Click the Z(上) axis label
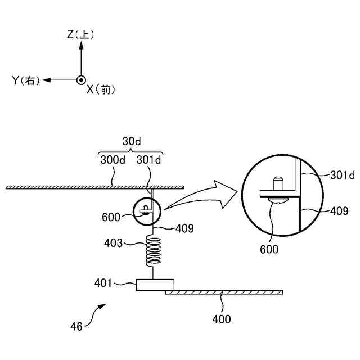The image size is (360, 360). (x=80, y=35)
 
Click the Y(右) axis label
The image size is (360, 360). (x=26, y=80)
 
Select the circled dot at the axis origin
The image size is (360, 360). (x=81, y=80)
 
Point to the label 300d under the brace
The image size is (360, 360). (x=113, y=160)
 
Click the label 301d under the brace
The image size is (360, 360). (x=148, y=160)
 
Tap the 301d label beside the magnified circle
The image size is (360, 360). (x=342, y=175)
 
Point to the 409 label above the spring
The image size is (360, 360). (x=184, y=229)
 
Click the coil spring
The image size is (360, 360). (x=153, y=250)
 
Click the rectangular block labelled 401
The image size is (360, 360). (x=155, y=285)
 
